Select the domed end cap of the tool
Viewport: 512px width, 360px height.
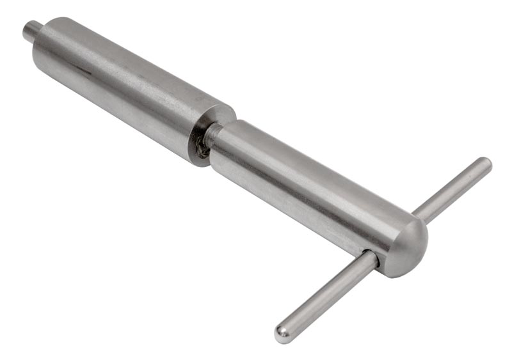[x=410, y=246]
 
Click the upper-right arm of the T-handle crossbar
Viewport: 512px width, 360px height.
[x=454, y=185]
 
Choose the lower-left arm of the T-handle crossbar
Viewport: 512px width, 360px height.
[x=326, y=294]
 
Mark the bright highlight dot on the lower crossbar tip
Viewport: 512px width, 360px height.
[x=280, y=331]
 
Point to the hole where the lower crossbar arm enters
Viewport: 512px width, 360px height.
[x=374, y=256]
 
